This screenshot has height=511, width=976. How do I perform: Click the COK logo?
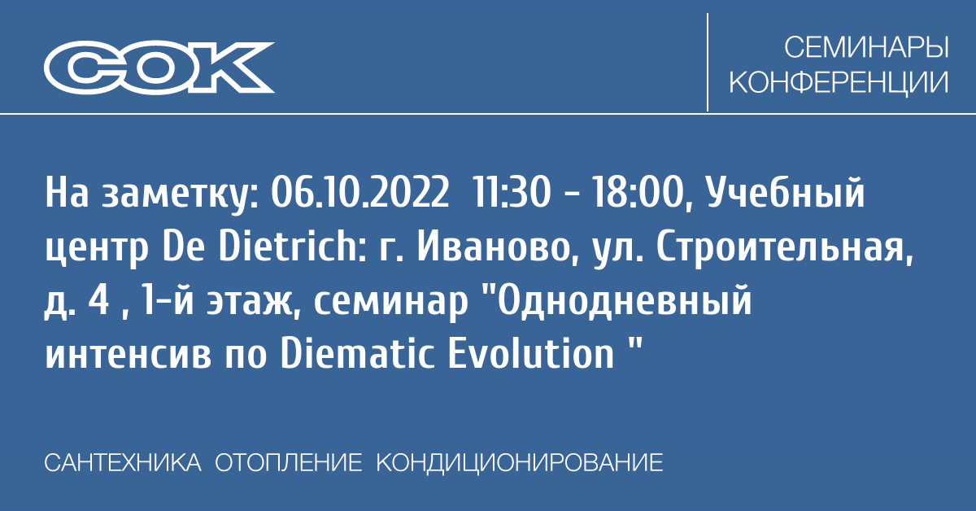pos(159,68)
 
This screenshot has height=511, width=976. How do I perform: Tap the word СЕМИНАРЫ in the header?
pos(866,47)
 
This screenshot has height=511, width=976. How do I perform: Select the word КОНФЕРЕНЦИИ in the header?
pos(839,82)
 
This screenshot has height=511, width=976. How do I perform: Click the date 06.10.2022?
pos(359,193)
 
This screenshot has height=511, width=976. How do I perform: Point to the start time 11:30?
pos(511,193)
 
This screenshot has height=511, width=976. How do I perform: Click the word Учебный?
pos(785,194)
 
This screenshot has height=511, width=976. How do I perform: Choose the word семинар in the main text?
pos(390,304)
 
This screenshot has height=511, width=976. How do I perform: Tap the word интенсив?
pos(129,356)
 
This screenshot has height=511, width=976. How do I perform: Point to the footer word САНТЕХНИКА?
pos(123,463)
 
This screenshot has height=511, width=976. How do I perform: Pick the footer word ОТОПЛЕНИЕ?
pos(288,463)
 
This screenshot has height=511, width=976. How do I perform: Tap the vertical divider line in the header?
pos(707,62)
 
